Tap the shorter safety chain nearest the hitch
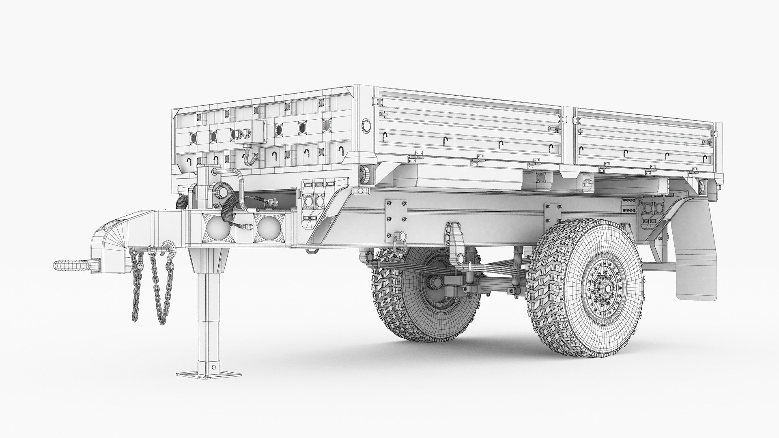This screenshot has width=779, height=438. [136, 284]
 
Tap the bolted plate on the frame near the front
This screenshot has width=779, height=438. [396, 215]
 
